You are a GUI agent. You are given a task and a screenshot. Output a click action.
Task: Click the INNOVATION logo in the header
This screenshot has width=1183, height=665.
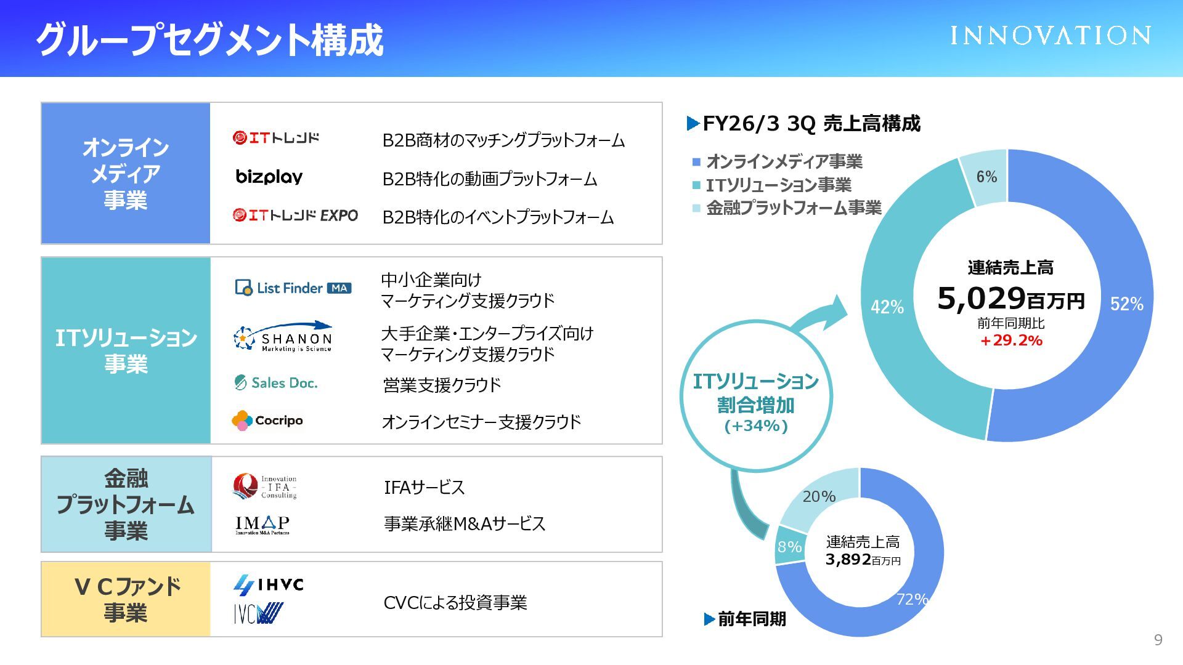click(1050, 36)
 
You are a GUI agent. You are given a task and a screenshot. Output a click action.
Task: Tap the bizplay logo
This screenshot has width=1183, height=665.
click(269, 177)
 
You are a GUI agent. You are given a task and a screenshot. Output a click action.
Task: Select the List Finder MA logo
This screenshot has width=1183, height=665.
click(293, 288)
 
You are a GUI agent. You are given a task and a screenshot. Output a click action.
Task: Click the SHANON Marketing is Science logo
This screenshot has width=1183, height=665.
click(283, 337)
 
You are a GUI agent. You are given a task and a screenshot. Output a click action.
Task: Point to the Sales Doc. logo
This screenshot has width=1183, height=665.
click(276, 383)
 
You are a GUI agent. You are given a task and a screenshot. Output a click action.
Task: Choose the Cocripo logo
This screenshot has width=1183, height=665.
click(267, 421)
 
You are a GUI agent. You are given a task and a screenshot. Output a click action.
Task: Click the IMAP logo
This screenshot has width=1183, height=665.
click(262, 525)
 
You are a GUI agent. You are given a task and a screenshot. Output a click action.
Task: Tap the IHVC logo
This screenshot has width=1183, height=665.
click(269, 584)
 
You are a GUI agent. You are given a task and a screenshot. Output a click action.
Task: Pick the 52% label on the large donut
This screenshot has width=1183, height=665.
click(1126, 304)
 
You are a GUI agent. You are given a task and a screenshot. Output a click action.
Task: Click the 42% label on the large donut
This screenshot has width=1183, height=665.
click(887, 307)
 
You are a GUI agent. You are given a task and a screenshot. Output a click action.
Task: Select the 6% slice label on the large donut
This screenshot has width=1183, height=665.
click(986, 177)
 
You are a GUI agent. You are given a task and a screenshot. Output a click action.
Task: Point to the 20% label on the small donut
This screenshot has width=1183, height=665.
click(819, 496)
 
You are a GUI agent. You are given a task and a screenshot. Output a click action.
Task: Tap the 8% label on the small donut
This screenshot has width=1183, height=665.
click(789, 547)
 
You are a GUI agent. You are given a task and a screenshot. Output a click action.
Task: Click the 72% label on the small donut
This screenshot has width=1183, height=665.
click(912, 598)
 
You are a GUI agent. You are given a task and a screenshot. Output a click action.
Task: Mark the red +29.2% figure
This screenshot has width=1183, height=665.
click(1011, 341)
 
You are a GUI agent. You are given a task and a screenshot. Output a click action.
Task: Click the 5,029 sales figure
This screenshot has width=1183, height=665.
click(981, 299)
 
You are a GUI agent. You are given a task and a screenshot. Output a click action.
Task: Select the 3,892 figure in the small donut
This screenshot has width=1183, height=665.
click(848, 559)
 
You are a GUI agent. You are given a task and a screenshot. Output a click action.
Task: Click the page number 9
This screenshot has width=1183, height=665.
click(1158, 640)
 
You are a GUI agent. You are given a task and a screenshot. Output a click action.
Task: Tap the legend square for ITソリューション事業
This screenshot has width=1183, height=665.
click(696, 185)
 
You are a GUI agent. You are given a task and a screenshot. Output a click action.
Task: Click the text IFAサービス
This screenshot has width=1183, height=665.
click(424, 488)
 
